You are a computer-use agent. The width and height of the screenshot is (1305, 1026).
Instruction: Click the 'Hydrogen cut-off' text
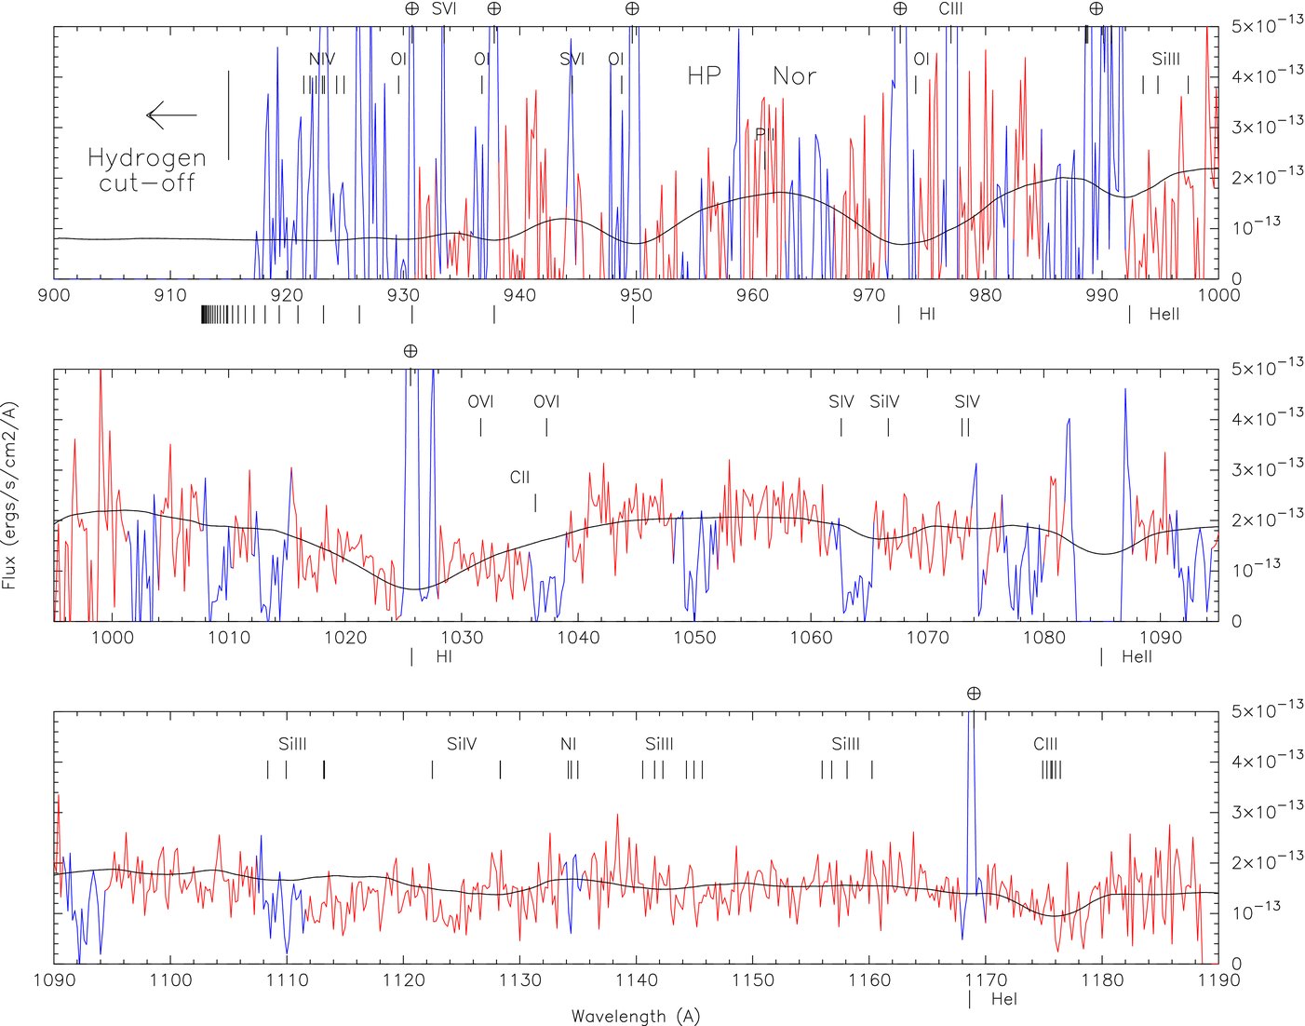(x=146, y=169)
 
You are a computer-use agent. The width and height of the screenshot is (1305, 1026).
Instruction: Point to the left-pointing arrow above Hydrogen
(x=171, y=115)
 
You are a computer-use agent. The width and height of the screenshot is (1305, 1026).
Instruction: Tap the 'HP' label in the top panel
(x=704, y=76)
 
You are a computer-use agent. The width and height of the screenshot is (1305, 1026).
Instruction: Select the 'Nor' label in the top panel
(x=794, y=76)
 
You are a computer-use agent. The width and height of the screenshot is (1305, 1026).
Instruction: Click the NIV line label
(x=321, y=60)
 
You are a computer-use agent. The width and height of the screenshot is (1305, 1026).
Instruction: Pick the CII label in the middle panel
(x=519, y=478)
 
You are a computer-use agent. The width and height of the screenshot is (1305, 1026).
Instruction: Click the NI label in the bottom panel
(x=568, y=744)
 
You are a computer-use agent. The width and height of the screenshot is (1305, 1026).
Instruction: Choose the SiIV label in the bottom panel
(x=462, y=744)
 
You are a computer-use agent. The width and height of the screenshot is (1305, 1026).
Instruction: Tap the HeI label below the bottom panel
(x=1003, y=999)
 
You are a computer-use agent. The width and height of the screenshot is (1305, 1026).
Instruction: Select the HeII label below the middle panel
(x=1137, y=656)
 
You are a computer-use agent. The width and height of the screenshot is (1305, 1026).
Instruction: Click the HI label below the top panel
(x=927, y=314)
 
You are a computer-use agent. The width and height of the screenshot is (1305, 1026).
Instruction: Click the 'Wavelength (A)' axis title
(x=635, y=1016)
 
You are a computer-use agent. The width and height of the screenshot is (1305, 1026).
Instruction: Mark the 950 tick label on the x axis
(x=636, y=295)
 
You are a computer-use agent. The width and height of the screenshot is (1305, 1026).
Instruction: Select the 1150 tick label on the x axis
(x=752, y=979)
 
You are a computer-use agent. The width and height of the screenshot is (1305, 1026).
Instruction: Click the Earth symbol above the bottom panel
(x=974, y=694)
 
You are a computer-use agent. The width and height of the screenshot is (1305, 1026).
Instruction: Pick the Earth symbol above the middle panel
(x=410, y=351)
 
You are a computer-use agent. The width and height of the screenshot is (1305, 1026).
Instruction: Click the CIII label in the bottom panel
(x=1045, y=744)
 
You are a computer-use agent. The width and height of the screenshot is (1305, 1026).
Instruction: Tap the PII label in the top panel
(x=764, y=134)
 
